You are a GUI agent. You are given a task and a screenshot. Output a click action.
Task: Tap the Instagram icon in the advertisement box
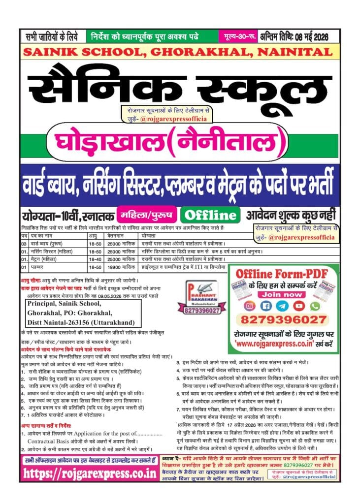coord(250,306)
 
